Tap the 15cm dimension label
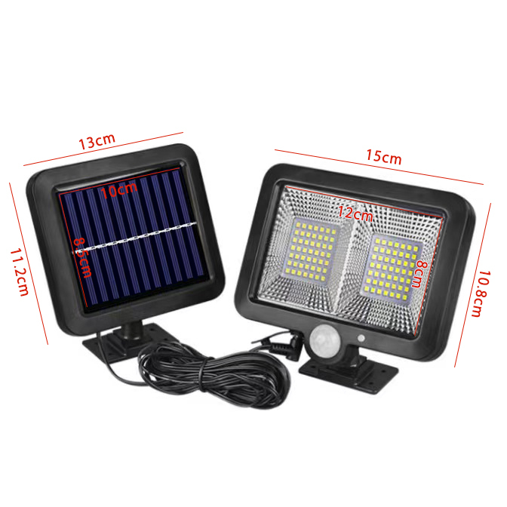pos(383,157)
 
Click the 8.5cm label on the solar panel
pos(82,257)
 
